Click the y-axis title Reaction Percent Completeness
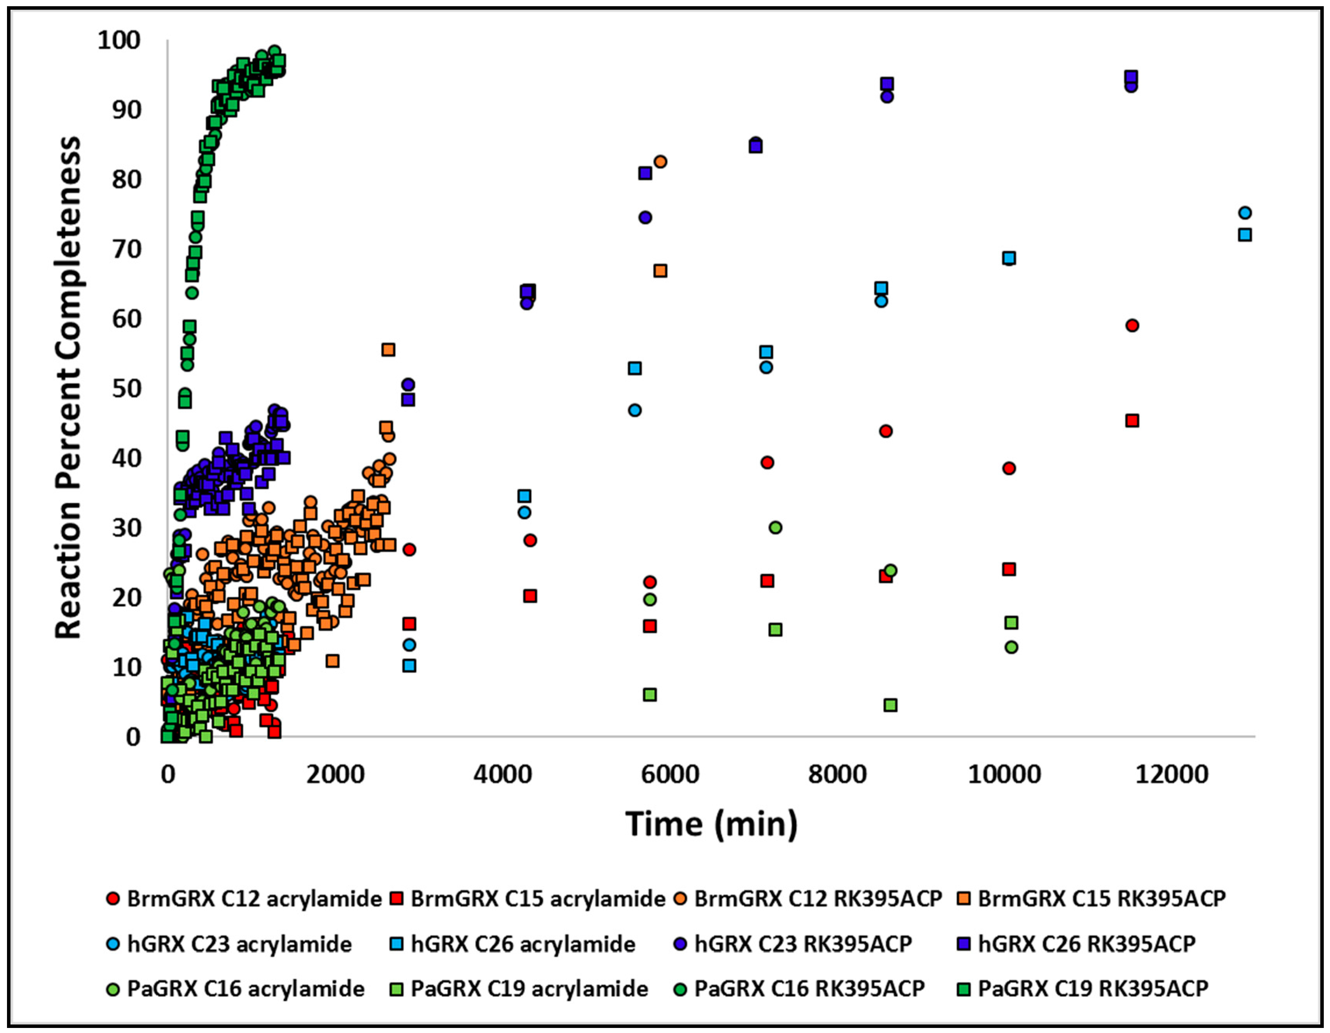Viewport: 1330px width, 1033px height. pyautogui.click(x=68, y=388)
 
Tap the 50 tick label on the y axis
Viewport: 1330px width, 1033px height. pyautogui.click(x=126, y=388)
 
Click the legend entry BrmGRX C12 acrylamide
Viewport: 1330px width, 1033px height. pyautogui.click(x=244, y=899)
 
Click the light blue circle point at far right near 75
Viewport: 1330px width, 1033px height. pyautogui.click(x=1245, y=213)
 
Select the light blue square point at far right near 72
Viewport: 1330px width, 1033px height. pyautogui.click(x=1245, y=235)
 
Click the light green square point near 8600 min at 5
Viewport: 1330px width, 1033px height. pyautogui.click(x=890, y=705)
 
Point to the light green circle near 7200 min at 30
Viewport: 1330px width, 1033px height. pyautogui.click(x=775, y=528)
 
